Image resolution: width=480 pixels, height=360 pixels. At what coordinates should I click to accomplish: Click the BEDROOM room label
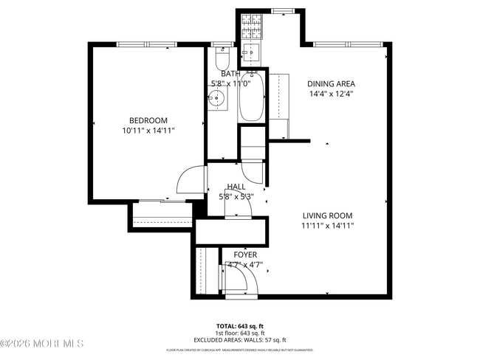(148, 120)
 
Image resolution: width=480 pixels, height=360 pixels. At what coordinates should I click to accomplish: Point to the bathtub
(250, 97)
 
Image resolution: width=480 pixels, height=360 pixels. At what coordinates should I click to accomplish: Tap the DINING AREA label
(330, 83)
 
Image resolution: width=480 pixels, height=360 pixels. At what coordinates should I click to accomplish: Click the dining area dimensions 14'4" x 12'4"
(330, 94)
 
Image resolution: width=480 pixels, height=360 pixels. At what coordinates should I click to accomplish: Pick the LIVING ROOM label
(328, 215)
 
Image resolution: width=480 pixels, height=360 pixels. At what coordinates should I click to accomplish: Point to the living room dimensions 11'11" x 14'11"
(328, 226)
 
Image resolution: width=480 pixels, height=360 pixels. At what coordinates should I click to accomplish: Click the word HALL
(236, 187)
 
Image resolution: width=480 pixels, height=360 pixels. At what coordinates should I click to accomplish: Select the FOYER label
(245, 255)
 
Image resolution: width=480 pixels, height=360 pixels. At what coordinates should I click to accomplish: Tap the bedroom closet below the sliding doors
(161, 213)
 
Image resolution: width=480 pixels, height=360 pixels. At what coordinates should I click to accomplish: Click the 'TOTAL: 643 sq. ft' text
(241, 325)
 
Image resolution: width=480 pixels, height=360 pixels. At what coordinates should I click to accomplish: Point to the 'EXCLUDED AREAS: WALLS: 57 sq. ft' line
(241, 340)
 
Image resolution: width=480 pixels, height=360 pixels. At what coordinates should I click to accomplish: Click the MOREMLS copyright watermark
(43, 344)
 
